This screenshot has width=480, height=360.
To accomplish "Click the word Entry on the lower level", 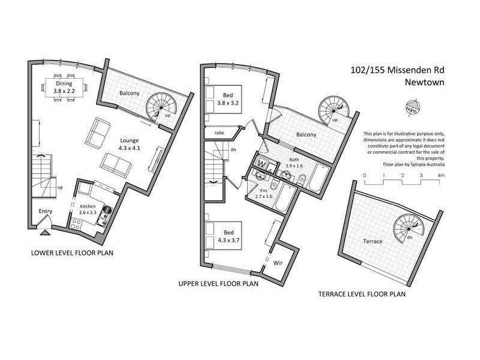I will (46, 211).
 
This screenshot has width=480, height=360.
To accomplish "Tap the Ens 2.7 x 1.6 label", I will (264, 193).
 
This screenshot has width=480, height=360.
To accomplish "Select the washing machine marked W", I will (263, 163).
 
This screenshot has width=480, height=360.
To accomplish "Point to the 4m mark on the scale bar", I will (442, 175).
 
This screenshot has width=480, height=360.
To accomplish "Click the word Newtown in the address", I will (424, 83).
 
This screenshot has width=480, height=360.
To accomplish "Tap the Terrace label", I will (371, 240).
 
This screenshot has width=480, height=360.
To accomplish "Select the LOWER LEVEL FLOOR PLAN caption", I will (73, 253).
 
